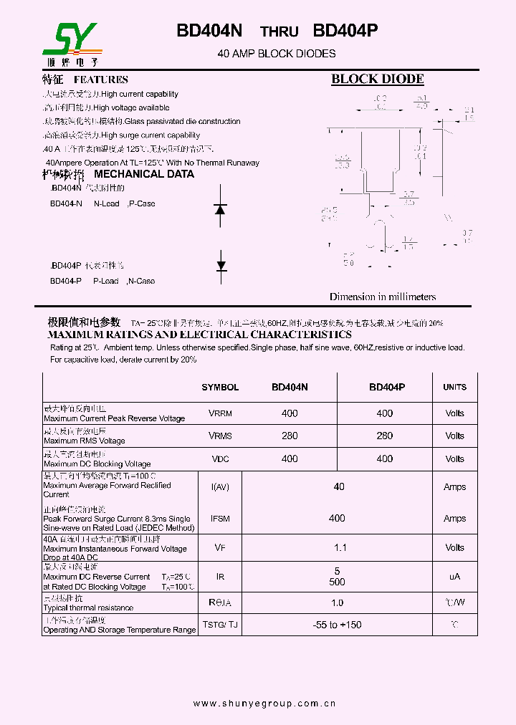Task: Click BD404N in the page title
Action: (209, 31)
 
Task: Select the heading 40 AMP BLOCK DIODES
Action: (276, 54)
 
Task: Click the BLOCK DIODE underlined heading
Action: (377, 80)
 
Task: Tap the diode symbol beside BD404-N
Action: (221, 208)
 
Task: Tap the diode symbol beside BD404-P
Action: (221, 265)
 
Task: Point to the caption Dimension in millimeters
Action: (382, 297)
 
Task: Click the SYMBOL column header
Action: (220, 387)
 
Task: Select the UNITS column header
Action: (454, 387)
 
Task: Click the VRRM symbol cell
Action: (220, 413)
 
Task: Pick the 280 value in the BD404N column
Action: (290, 436)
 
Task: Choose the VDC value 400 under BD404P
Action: (385, 458)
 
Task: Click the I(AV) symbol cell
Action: (220, 487)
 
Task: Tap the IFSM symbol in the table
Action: (220, 518)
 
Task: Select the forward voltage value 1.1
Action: (340, 548)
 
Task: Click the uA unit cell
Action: (454, 577)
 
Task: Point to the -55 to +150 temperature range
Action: (338, 625)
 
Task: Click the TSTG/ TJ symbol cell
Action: (220, 625)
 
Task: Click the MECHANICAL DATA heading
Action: (144, 174)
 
